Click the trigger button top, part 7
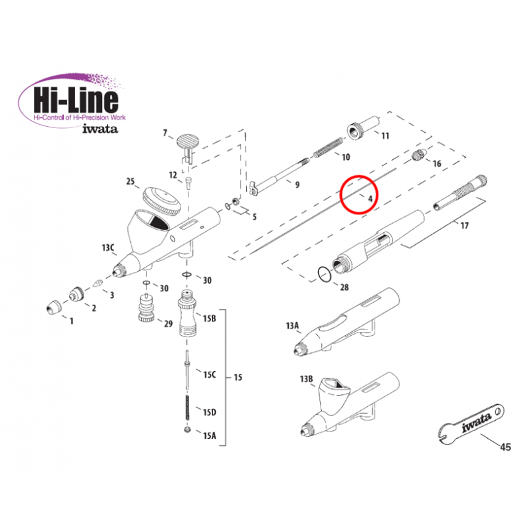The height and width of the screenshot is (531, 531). point(187,141)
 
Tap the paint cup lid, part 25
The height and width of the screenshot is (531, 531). point(161,200)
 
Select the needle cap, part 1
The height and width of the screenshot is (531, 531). point(54,307)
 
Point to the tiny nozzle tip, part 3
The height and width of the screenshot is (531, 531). point(98,282)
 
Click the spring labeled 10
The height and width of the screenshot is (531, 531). point(328,147)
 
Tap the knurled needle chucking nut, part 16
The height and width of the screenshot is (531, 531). point(419,155)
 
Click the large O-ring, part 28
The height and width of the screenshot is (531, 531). point(325,274)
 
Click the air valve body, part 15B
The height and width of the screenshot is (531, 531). point(188,313)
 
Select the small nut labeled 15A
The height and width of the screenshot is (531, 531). point(187,429)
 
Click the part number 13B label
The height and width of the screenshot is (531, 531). point(306,378)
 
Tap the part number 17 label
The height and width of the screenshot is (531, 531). point(464,225)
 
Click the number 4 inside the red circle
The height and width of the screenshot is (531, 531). point(370,198)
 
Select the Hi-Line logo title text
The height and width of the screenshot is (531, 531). point(76,100)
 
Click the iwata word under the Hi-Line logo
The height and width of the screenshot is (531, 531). point(100,129)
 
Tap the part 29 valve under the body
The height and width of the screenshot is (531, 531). point(146,307)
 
